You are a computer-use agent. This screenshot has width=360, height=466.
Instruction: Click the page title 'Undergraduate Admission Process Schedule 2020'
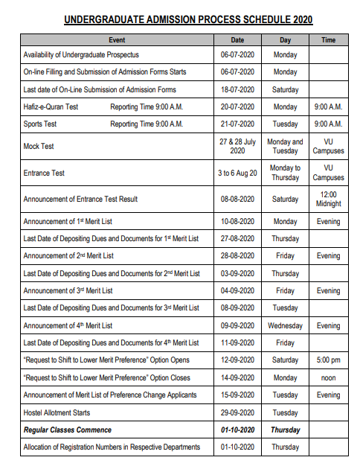click(187, 20)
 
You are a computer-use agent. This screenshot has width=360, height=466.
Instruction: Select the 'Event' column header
click(117, 40)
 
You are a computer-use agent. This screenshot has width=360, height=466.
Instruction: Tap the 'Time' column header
click(328, 40)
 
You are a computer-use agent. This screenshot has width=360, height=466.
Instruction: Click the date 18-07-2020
click(237, 89)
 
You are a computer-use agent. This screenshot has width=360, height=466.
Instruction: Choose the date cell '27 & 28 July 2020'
click(237, 146)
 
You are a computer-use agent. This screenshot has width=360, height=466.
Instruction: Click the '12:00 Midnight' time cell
click(328, 199)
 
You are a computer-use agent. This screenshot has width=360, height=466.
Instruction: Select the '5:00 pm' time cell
click(328, 360)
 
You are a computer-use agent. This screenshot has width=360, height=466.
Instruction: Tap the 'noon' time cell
click(328, 377)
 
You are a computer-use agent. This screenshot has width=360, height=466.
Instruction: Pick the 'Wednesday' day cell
click(285, 326)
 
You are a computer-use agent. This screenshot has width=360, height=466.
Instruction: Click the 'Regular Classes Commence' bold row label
click(68, 430)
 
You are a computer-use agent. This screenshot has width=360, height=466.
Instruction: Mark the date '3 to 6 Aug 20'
click(237, 173)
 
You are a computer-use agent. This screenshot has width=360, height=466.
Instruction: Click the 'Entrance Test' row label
click(44, 173)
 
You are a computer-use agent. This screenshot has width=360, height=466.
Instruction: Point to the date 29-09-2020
click(237, 412)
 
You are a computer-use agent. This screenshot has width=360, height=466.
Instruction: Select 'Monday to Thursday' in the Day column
click(285, 173)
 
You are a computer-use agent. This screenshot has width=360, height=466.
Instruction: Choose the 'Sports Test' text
click(40, 124)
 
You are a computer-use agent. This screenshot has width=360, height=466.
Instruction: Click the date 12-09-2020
click(237, 360)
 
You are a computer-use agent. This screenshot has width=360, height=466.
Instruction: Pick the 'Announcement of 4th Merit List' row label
click(68, 326)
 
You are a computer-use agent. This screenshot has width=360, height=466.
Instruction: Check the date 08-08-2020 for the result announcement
click(237, 199)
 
